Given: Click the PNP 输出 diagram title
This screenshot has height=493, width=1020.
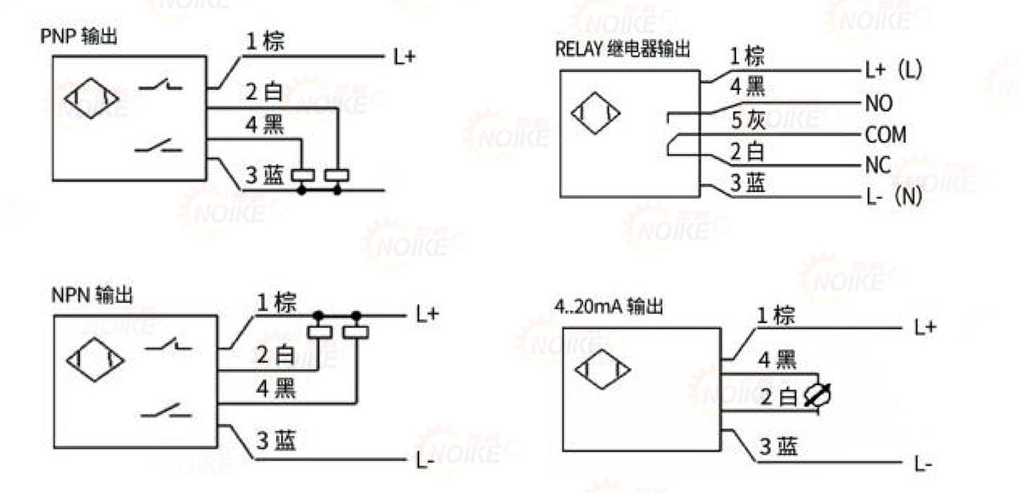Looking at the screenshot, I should [x=78, y=37].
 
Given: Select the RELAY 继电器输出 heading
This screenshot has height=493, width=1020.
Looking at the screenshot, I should [x=622, y=48].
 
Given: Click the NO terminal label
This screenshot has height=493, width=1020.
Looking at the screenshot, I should [x=878, y=104].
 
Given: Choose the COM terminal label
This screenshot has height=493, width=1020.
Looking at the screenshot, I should [x=886, y=135].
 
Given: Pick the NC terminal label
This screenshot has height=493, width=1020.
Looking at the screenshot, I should [x=878, y=166].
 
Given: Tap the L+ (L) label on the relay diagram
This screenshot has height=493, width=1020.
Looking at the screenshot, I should [x=893, y=71].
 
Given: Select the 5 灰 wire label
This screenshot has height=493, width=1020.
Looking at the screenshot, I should [x=749, y=120].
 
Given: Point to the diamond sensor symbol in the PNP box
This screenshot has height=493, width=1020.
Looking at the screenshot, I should [x=91, y=100].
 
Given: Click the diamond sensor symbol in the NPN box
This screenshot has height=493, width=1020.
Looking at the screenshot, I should [x=95, y=360].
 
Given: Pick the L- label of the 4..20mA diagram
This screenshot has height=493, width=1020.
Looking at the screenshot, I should [x=924, y=464].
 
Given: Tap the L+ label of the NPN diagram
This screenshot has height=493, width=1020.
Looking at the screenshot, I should [x=428, y=314].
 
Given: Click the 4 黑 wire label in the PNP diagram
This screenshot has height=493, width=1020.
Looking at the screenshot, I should [x=263, y=124].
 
